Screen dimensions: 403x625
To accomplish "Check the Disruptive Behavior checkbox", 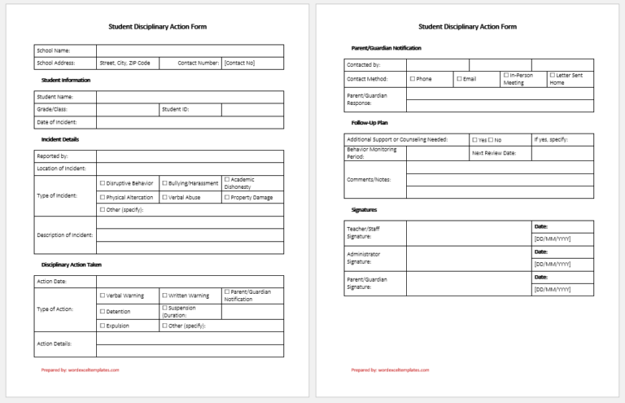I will (x=103, y=183).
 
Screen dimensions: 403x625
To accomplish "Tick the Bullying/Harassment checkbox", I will (x=164, y=183).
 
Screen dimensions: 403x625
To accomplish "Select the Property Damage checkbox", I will (x=227, y=197).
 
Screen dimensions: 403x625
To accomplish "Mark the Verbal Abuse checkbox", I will (x=164, y=197).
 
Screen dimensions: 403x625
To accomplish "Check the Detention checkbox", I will (x=103, y=311).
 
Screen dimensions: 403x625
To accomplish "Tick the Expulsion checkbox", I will (x=103, y=326).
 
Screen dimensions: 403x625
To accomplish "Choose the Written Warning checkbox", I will (x=164, y=296).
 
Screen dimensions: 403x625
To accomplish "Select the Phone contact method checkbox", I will (x=413, y=79).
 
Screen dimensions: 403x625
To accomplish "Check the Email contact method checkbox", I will (x=459, y=79).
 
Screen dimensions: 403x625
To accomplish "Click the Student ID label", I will (x=175, y=109).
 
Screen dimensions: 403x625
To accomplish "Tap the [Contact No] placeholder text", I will (x=239, y=63).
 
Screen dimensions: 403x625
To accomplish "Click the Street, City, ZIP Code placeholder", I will (x=125, y=63).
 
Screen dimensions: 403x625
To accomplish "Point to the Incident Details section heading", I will (x=60, y=139).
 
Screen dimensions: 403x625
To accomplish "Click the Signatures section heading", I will (x=364, y=209).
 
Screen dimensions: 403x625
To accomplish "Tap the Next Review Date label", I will (x=493, y=152).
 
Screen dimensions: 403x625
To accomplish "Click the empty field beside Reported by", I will (x=190, y=156).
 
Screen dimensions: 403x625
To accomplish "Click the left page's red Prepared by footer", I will (x=80, y=370).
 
